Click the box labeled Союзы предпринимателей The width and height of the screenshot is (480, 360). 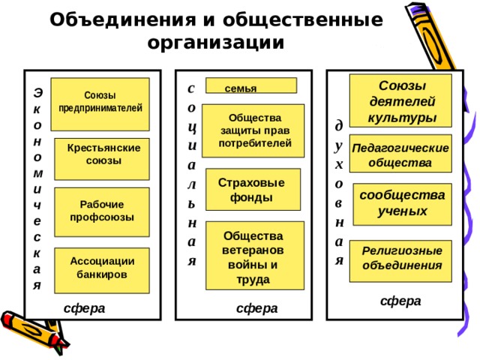[x=100, y=104]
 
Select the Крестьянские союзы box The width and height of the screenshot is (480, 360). [x=102, y=159]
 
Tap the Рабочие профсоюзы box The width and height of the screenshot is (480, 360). [x=102, y=212]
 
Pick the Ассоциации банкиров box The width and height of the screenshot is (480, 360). [x=102, y=271]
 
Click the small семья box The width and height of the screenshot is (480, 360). [x=251, y=85]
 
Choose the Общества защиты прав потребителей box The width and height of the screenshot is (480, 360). [x=253, y=130]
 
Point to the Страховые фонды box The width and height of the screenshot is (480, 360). [x=253, y=189]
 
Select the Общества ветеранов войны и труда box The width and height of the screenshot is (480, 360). [x=255, y=256]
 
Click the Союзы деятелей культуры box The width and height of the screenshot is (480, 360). [x=400, y=100]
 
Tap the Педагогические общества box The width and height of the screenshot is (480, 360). [x=400, y=153]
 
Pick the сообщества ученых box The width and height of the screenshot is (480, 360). [x=403, y=205]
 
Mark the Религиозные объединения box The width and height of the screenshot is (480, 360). [x=400, y=261]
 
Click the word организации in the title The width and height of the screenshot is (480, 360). [x=216, y=43]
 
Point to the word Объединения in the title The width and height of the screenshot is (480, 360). [x=122, y=19]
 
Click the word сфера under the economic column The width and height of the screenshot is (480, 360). [x=85, y=308]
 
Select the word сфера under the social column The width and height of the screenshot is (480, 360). [x=257, y=308]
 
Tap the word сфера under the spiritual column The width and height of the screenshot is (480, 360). [x=400, y=301]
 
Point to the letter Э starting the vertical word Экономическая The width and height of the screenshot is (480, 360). [x=37, y=92]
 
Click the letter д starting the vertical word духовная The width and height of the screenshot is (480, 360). [x=339, y=126]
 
